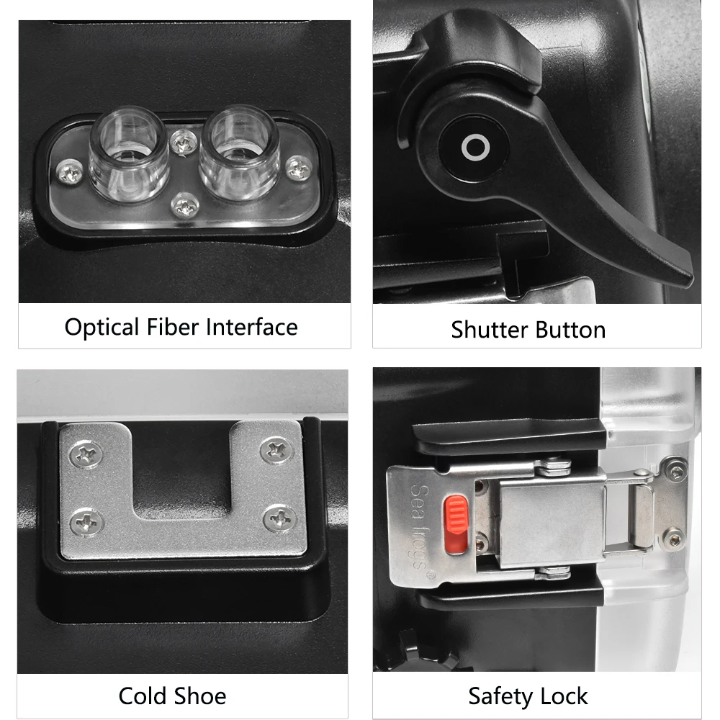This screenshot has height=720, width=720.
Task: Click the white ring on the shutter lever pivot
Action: coord(475,149)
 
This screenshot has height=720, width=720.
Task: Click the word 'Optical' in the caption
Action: coord(102,327)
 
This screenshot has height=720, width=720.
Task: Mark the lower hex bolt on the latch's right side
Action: coord(673,536)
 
